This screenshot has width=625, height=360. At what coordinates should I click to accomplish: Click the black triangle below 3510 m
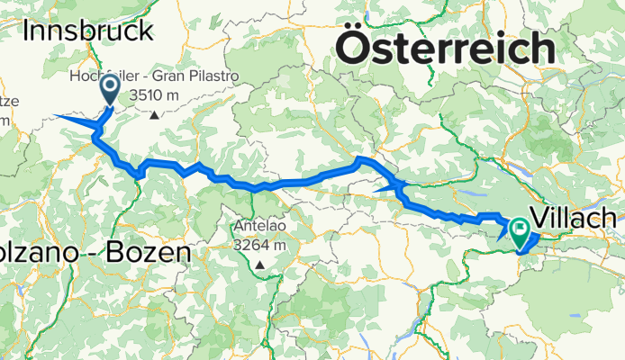pos(155,114)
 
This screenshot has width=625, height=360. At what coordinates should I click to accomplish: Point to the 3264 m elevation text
pos(259,245)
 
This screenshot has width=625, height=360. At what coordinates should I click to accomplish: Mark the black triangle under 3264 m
pos(259,265)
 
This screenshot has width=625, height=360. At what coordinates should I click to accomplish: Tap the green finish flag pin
pos(520,231)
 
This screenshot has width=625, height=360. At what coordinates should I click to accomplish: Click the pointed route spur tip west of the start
pos(56,116)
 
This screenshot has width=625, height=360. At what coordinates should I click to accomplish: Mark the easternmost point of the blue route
pos(539,235)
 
